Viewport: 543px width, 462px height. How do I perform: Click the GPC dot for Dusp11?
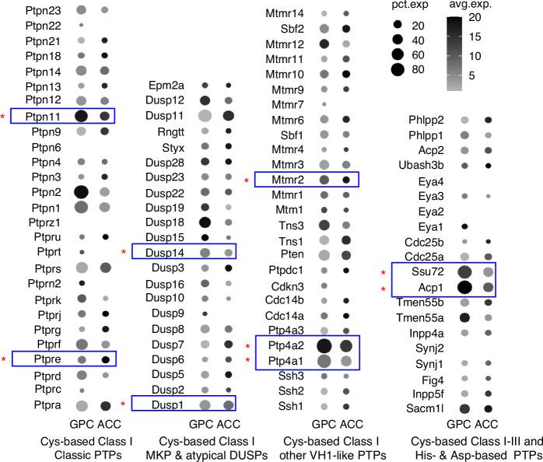tap(205, 116)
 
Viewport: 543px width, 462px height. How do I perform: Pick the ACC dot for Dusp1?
tap(227, 404)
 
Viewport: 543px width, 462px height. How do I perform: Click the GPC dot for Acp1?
tap(464, 289)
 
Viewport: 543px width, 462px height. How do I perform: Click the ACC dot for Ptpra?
tap(104, 404)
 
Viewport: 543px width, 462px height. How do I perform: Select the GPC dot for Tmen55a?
tap(464, 317)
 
